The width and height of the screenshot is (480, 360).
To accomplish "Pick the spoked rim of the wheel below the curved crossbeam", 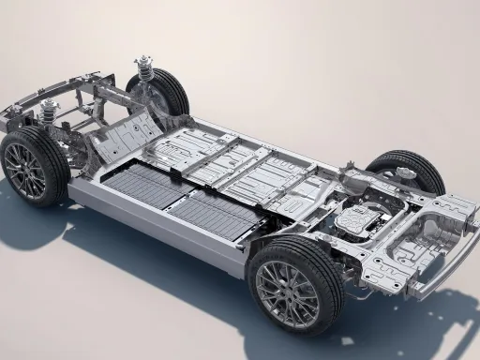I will tap(26, 170).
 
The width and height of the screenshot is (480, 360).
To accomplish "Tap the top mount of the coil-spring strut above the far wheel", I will tap(143, 59).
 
